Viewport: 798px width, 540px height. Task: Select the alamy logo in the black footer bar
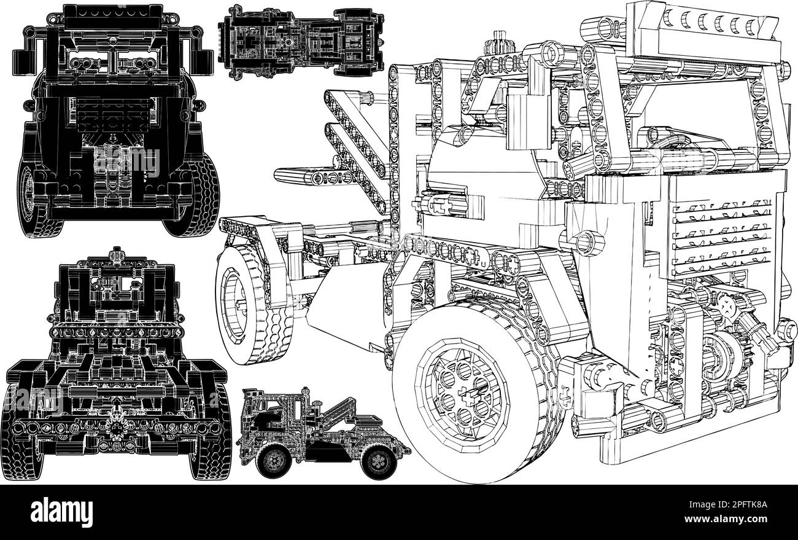click(61, 512)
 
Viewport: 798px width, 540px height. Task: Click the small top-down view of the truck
click(301, 42)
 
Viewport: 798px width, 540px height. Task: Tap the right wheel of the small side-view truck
click(378, 462)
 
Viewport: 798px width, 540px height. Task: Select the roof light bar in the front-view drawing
click(114, 20)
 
